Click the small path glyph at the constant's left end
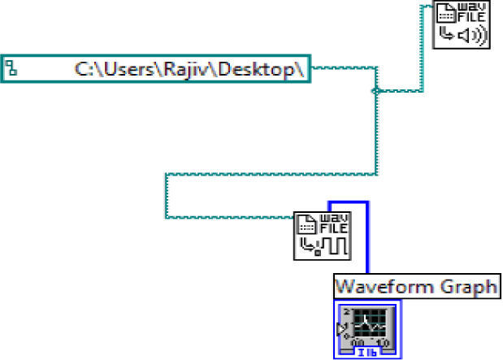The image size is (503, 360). [x=11, y=68]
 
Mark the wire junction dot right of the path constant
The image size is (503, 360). [x=374, y=91]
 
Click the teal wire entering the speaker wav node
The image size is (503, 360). [x=422, y=49]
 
